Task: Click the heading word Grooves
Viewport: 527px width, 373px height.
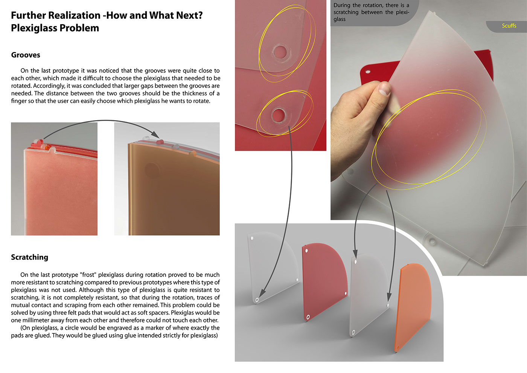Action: [26, 55]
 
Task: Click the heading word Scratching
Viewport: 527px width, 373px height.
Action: [29, 257]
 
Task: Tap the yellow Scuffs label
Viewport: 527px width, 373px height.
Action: [509, 26]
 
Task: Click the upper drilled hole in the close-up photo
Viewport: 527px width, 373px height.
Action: [280, 52]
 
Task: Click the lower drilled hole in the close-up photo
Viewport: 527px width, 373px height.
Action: [278, 115]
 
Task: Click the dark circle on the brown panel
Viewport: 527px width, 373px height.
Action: [151, 170]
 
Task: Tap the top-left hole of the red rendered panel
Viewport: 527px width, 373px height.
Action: [306, 251]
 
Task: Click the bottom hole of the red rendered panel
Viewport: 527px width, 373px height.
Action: [308, 317]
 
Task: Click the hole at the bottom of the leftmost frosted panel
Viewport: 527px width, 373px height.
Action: [257, 300]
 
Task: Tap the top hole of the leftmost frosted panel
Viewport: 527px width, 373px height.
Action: [252, 238]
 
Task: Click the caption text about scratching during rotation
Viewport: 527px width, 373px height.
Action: [371, 12]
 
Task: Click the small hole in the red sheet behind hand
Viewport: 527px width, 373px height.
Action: [368, 72]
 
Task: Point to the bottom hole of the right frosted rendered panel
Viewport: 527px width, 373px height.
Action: [353, 332]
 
